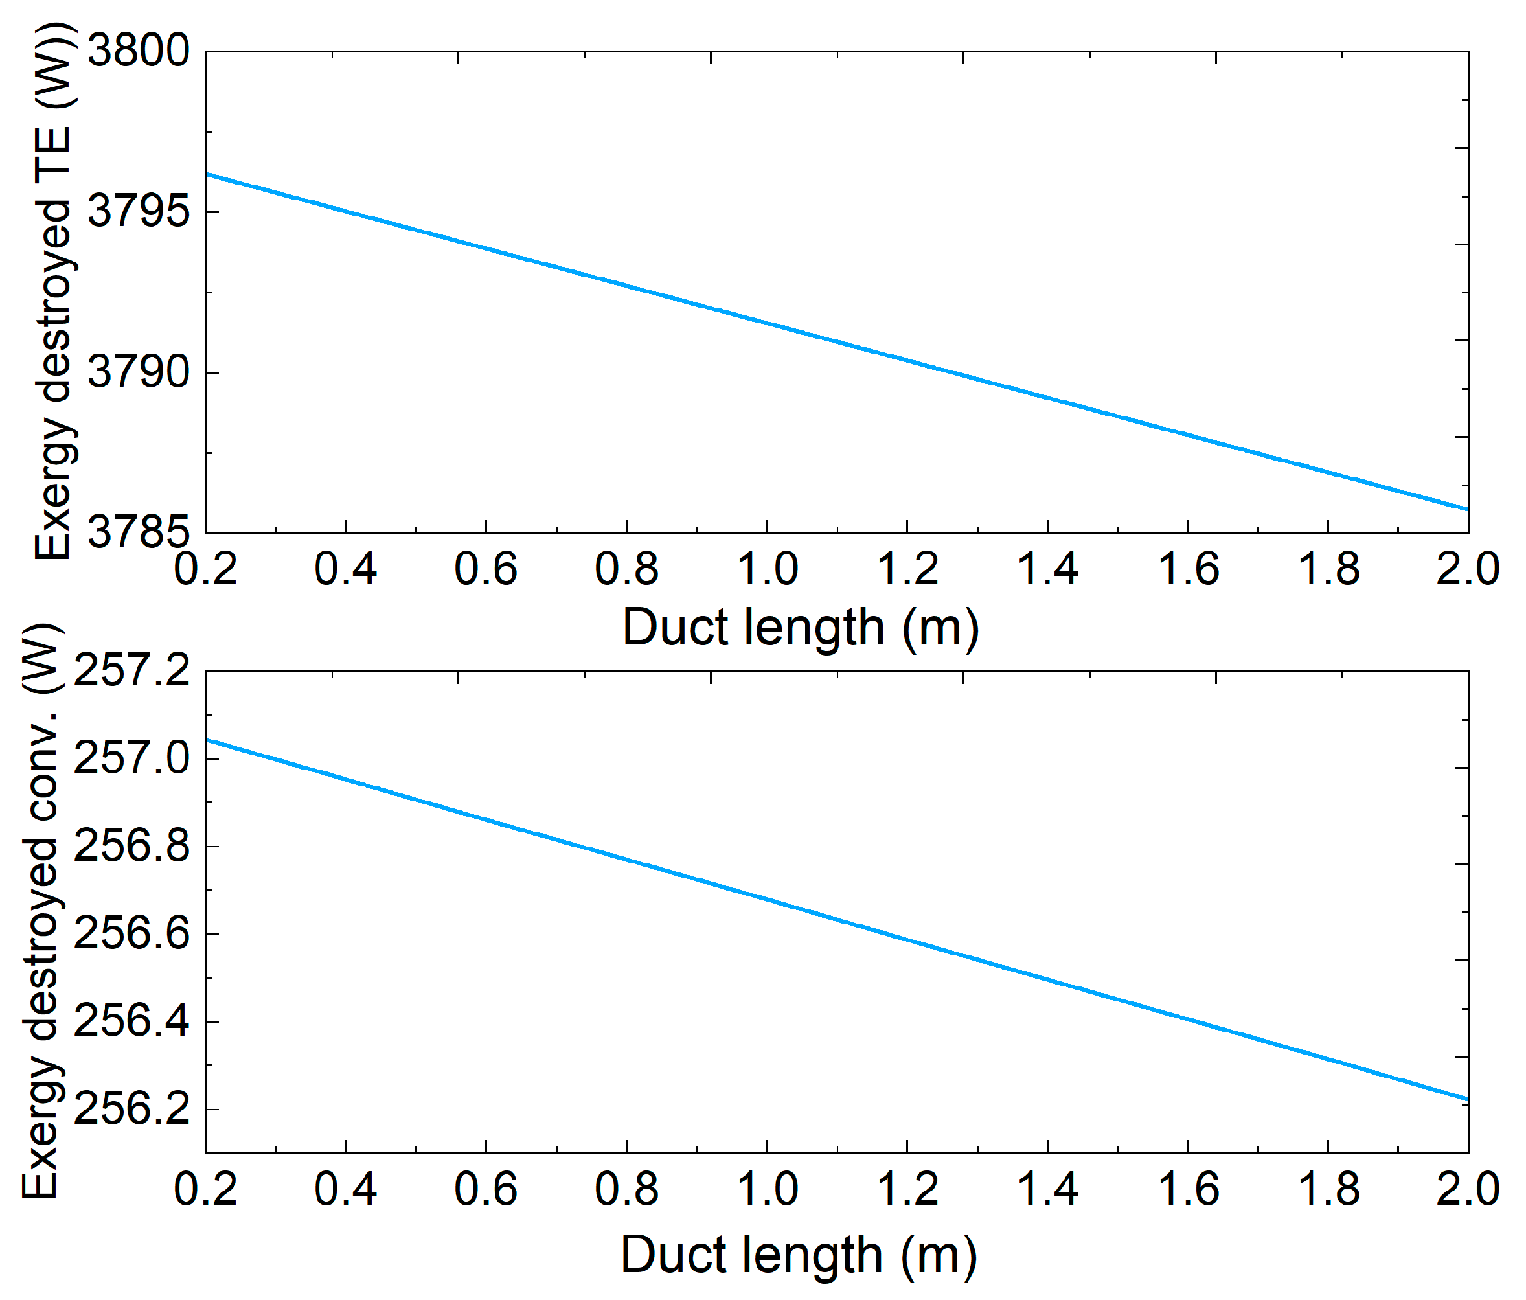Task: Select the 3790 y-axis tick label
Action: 139,372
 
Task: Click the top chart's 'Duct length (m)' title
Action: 801,628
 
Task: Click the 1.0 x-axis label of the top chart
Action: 768,569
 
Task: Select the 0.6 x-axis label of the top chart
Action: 486,569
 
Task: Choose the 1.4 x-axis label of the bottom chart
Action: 1047,1189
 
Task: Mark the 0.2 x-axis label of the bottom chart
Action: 205,1189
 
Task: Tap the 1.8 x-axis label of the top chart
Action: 1328,569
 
